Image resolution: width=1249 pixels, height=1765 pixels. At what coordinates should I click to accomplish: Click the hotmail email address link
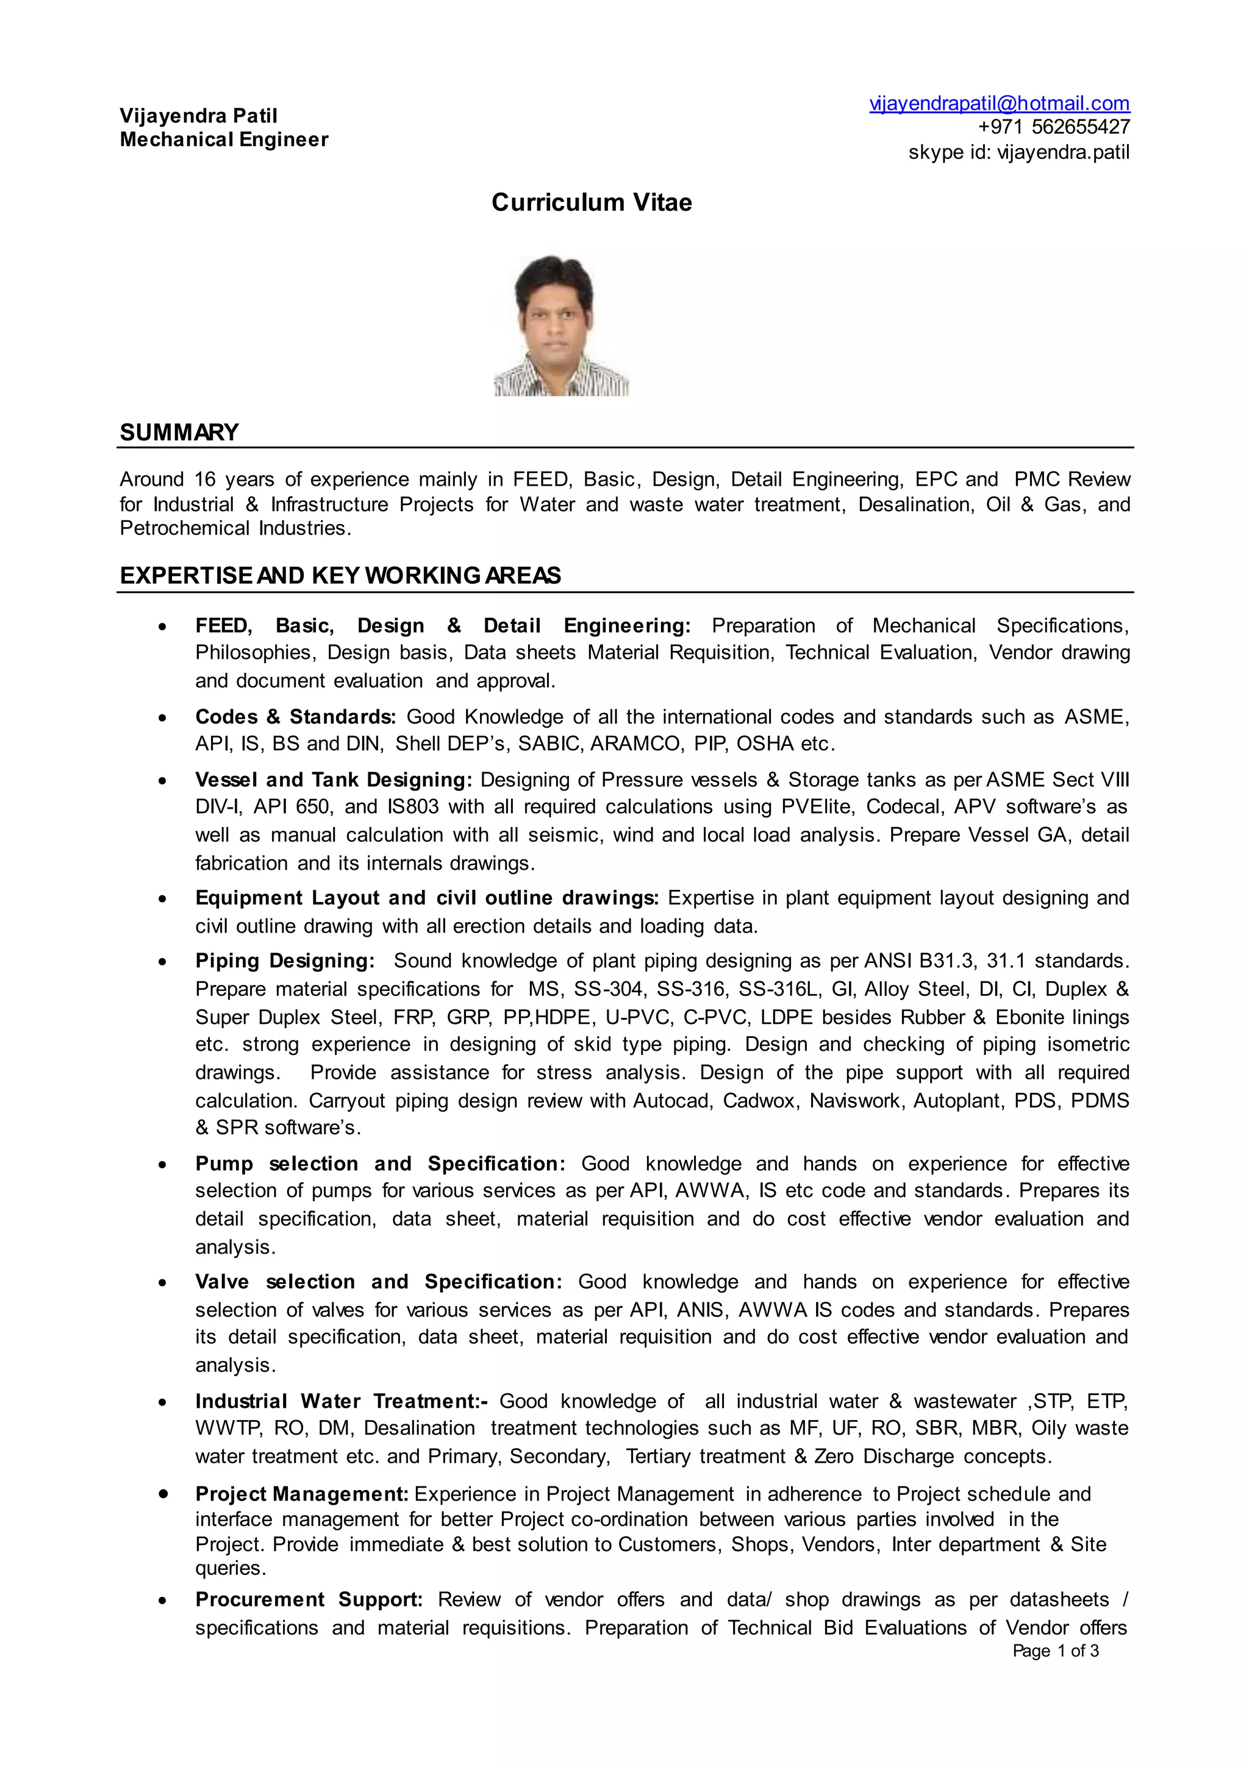[x=999, y=103]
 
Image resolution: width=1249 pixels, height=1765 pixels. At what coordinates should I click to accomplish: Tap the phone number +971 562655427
[x=1054, y=127]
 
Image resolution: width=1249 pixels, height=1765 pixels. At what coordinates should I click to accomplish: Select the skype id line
[x=1018, y=152]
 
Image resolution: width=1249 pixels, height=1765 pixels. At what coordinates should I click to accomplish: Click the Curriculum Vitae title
[x=592, y=202]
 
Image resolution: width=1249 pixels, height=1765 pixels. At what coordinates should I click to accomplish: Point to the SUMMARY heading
[x=179, y=432]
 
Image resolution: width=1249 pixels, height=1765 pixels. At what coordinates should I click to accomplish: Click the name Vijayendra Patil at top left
[x=198, y=115]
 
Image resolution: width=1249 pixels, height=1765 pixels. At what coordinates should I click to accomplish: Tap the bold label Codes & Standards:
[x=295, y=717]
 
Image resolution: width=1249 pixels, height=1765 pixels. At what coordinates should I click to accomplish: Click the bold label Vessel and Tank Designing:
[x=333, y=780]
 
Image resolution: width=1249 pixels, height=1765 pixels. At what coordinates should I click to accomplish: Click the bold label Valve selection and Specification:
[x=378, y=1282]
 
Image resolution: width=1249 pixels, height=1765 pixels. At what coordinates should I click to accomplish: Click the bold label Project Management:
[x=301, y=1494]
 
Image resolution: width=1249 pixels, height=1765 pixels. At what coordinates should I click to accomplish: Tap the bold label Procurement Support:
[x=309, y=1599]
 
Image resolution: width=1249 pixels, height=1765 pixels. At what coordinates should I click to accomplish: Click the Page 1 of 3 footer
[x=1055, y=1650]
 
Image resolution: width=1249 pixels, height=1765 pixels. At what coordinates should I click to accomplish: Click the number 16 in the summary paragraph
[x=204, y=479]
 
